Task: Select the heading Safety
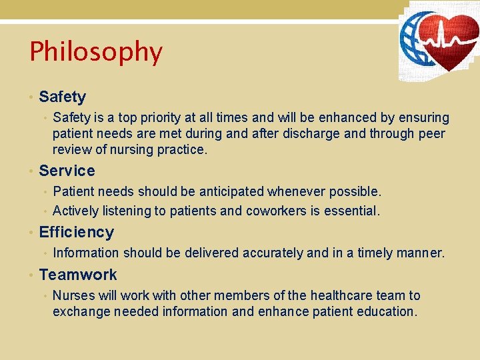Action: click(x=63, y=97)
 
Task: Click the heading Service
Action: click(x=67, y=171)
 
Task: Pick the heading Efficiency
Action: click(x=76, y=232)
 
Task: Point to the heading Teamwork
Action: click(x=78, y=275)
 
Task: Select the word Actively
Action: click(x=75, y=211)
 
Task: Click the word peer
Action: click(x=431, y=134)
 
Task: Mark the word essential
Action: click(x=351, y=211)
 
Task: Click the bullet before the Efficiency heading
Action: click(x=31, y=233)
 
